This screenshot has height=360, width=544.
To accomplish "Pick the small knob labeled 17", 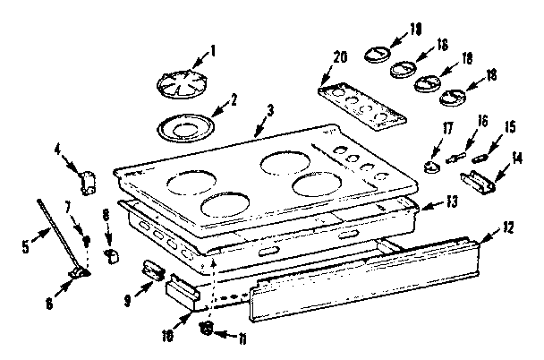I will point(434,167).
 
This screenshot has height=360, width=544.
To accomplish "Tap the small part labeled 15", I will point(481,158).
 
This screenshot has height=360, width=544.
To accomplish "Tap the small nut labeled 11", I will point(207,328).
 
